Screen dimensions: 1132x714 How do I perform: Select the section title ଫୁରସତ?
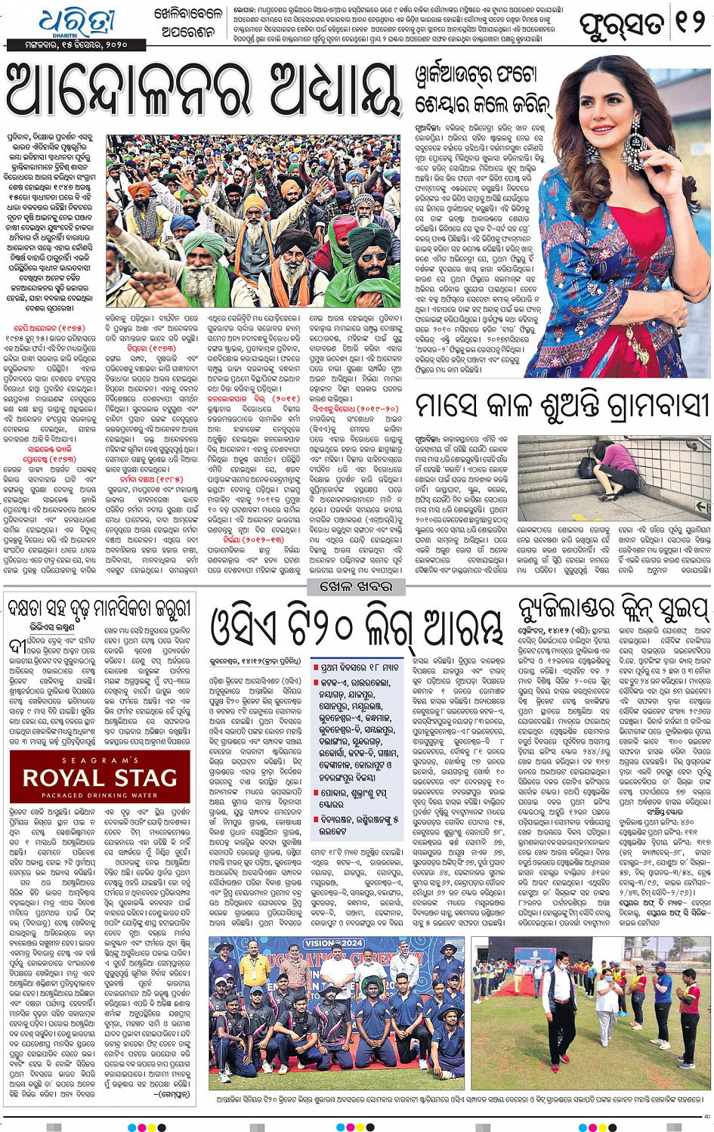pos(623,24)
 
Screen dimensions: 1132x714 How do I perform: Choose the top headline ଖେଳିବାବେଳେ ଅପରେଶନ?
pos(188,23)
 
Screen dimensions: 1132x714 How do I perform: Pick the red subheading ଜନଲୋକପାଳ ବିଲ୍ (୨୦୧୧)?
pos(243,398)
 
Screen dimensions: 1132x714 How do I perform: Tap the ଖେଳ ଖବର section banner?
pos(356,586)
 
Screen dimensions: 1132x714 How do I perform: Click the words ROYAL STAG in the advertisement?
pos(100,778)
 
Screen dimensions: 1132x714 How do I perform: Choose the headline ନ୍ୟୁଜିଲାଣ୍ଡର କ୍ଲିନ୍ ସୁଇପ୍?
pos(614,609)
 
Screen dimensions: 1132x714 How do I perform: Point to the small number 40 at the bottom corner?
pos(706,1116)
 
